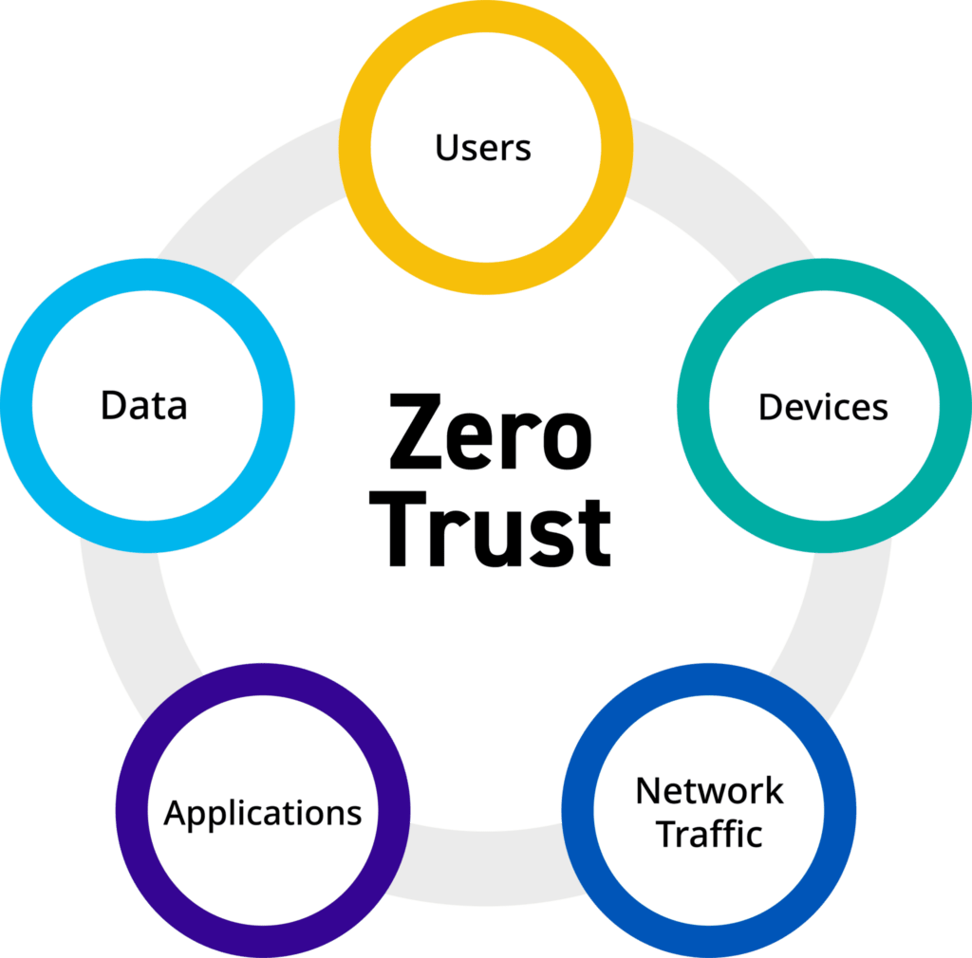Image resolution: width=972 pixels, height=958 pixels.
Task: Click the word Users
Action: click(x=483, y=148)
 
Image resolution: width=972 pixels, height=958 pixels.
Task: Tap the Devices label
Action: click(x=823, y=407)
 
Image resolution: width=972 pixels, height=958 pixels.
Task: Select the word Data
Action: click(x=144, y=405)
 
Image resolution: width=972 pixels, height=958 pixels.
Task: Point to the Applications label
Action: click(x=263, y=813)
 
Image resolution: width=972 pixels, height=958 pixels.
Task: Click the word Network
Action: click(x=709, y=790)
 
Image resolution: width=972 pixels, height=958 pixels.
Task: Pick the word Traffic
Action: click(x=709, y=835)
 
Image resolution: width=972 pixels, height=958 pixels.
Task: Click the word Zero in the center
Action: click(x=490, y=434)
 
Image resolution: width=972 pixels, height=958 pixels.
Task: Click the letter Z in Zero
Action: click(x=413, y=434)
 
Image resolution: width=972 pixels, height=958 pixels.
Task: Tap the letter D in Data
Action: click(x=114, y=405)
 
